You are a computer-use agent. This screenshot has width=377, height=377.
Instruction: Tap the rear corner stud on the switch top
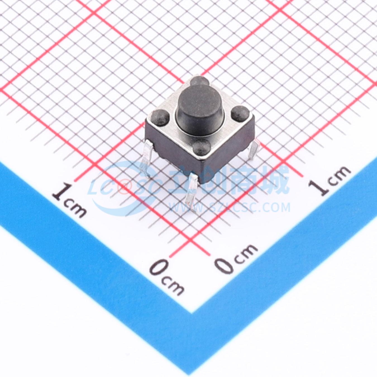(199, 81)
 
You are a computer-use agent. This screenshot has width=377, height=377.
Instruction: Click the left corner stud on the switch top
(160, 117)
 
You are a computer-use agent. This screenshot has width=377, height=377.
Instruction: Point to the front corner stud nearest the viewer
(202, 147)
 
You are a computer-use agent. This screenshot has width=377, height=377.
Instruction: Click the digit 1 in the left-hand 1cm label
(61, 192)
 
